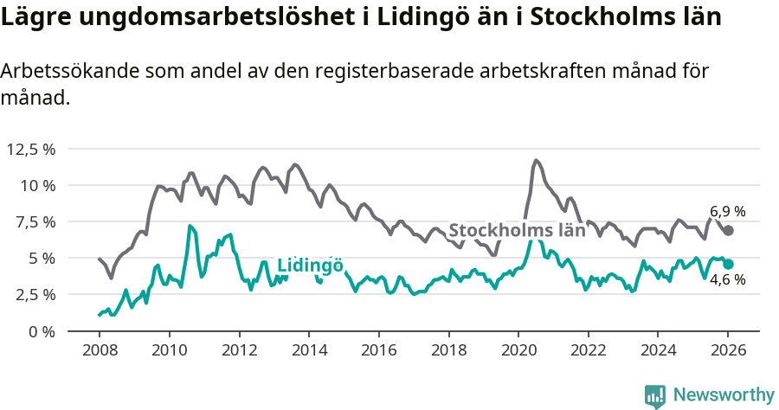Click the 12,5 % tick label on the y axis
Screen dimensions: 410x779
[x=31, y=149]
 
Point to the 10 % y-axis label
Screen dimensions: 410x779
[x=38, y=185]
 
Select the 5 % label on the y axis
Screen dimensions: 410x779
[x=42, y=258]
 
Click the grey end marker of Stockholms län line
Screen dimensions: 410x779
[x=729, y=230]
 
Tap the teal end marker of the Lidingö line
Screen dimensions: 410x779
[x=729, y=264]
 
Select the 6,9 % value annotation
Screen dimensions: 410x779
[x=727, y=211]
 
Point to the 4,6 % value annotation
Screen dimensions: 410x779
[x=727, y=280]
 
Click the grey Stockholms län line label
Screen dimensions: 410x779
[x=517, y=231]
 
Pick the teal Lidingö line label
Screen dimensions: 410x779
[x=310, y=266]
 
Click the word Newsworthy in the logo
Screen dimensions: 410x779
[x=723, y=394]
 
